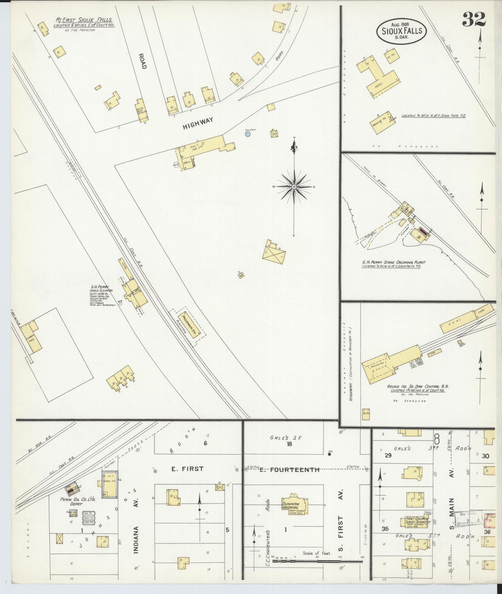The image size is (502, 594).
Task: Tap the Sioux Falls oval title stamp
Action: pyautogui.click(x=402, y=31)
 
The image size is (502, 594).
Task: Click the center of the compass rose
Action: pyautogui.click(x=294, y=187)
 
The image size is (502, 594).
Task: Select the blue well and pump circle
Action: pyautogui.click(x=248, y=134)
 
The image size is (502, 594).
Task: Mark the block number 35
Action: pyautogui.click(x=385, y=529)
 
